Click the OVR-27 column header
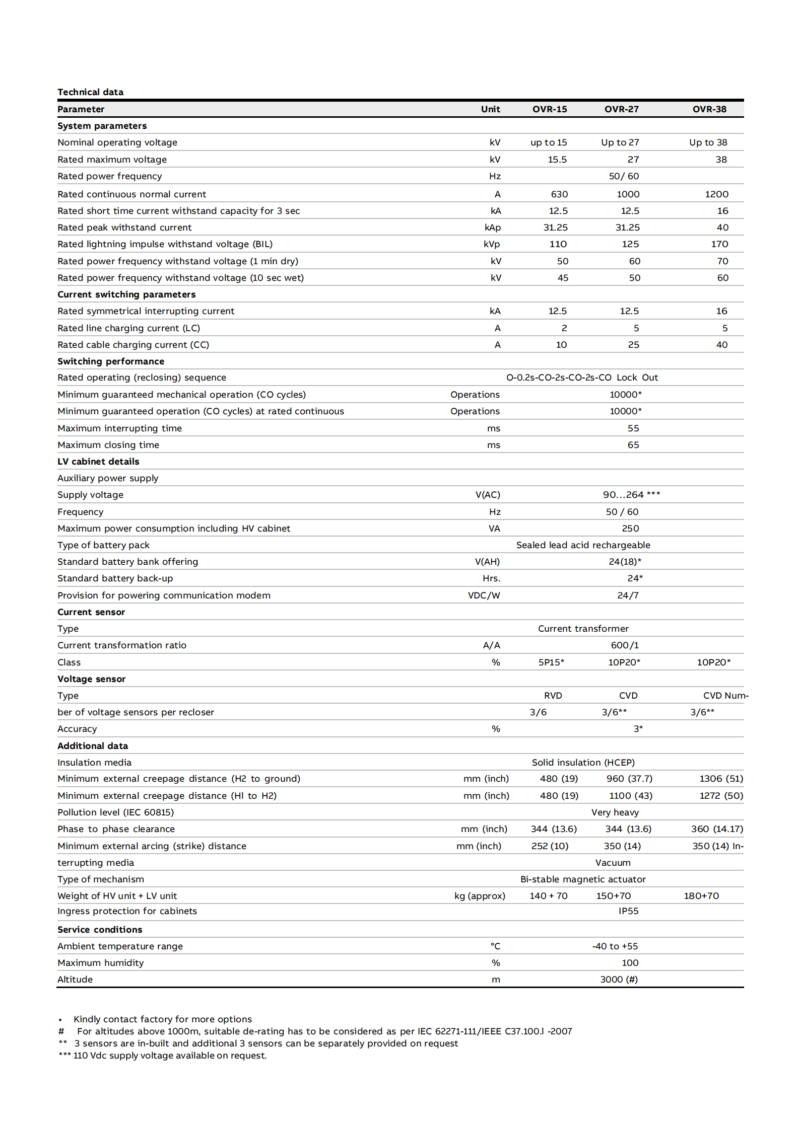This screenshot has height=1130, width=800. tap(621, 109)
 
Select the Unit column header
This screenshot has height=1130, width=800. tap(490, 109)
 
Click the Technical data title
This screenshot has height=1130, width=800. tap(90, 92)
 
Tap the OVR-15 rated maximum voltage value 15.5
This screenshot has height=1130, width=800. tap(557, 160)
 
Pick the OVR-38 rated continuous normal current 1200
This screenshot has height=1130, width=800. tap(716, 194)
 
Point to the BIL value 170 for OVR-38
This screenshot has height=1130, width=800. tap(719, 244)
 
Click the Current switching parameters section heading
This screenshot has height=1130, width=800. tap(126, 294)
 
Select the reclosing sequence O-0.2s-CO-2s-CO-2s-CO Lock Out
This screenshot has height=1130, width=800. tap(582, 378)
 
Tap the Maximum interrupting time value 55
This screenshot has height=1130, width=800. tap(633, 428)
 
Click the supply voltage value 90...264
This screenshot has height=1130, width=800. tap(631, 495)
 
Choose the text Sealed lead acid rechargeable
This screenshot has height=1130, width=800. tap(583, 545)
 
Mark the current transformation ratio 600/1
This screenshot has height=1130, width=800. tap(624, 645)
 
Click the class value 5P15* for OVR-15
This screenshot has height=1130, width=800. tap(551, 662)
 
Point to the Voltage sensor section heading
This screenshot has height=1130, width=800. tap(91, 679)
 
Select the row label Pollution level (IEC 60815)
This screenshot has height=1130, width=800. tap(115, 812)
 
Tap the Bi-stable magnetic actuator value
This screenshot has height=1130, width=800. tap(582, 879)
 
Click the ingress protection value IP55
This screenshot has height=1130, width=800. tap(628, 911)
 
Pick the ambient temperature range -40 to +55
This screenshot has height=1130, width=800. tap(615, 946)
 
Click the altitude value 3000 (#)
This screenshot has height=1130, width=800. tap(619, 980)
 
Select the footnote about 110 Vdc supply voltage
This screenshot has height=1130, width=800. tap(163, 1056)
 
